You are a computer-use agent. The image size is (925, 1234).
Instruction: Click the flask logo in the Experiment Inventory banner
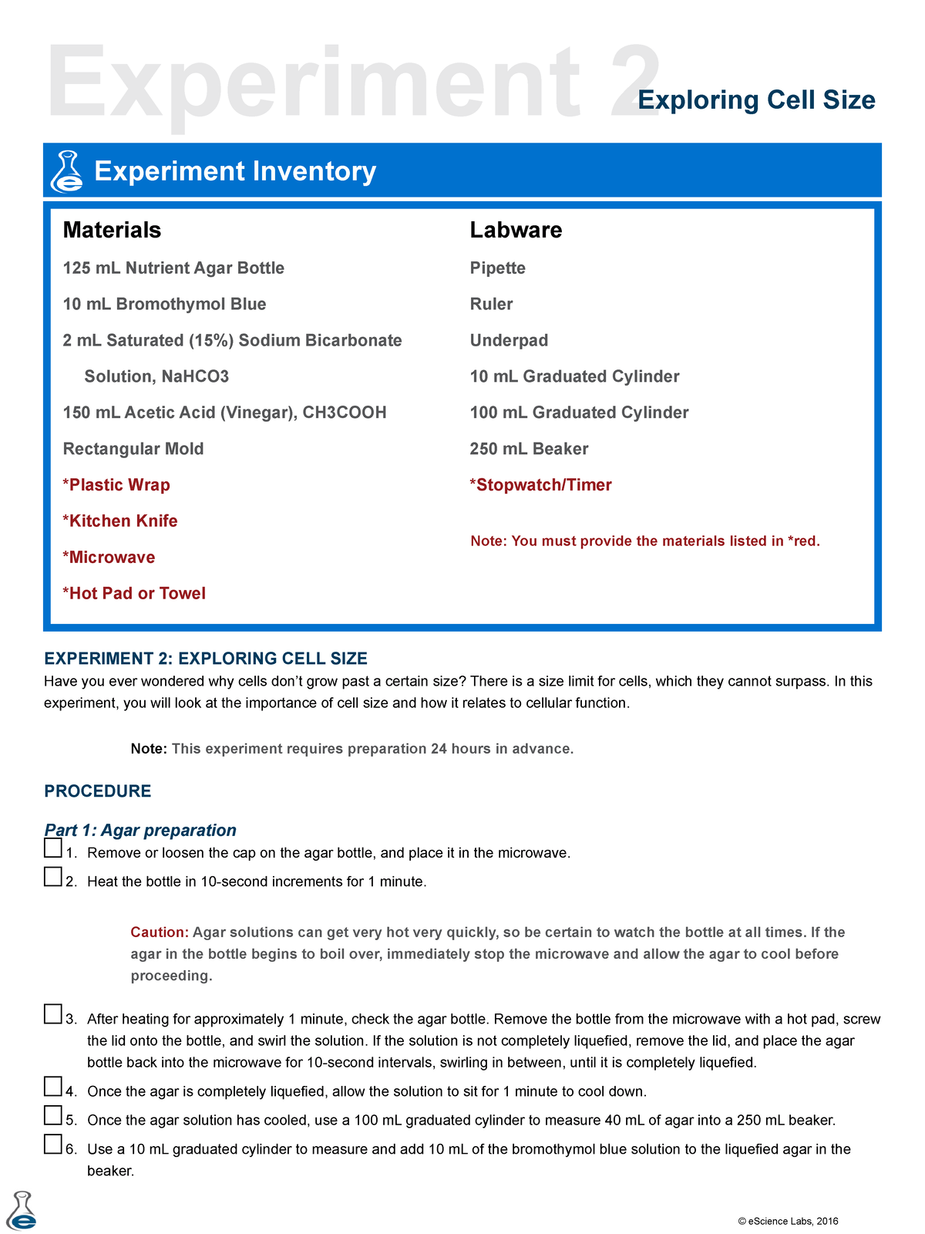(x=67, y=171)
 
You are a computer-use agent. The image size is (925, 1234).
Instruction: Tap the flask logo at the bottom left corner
(x=22, y=1212)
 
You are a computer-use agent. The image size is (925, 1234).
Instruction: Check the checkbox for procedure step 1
(x=52, y=848)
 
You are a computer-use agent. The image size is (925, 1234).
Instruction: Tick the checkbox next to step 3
(x=52, y=1014)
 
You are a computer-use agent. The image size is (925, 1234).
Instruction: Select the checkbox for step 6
(x=52, y=1145)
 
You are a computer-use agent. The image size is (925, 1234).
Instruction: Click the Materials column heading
(x=112, y=230)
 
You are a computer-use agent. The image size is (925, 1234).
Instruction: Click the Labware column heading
(x=516, y=230)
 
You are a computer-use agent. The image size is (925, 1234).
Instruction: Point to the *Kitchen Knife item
(x=120, y=521)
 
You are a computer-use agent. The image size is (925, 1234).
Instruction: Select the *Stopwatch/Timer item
(x=540, y=485)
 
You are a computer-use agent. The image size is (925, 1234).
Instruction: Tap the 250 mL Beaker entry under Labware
(x=529, y=449)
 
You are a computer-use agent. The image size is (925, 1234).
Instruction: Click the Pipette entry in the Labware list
(x=497, y=268)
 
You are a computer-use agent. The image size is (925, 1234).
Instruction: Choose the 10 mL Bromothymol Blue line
(x=164, y=305)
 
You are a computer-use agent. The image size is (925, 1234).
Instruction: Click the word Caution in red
(x=159, y=932)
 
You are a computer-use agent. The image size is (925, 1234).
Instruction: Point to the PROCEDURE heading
(x=97, y=791)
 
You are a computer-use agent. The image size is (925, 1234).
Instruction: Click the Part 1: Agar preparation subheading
(x=140, y=831)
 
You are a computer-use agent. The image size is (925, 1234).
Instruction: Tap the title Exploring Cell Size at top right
(x=756, y=100)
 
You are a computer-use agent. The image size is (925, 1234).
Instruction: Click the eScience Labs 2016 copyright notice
(x=788, y=1221)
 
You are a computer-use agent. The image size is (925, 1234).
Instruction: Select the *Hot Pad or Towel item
(x=134, y=594)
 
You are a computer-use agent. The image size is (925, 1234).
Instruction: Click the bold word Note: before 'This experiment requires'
(x=149, y=749)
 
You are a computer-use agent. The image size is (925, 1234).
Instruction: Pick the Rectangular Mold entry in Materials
(x=133, y=449)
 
